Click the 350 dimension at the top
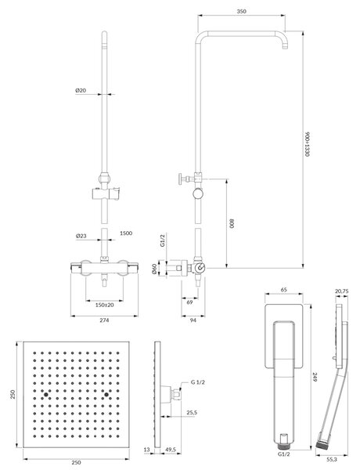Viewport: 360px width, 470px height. [241, 12]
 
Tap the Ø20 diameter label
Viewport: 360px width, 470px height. [81, 90]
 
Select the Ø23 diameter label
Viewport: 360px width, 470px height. [81, 236]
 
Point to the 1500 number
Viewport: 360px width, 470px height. [126, 233]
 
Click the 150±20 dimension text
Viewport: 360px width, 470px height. [105, 305]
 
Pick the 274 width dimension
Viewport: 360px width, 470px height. [104, 320]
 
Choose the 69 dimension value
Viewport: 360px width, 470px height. [189, 302]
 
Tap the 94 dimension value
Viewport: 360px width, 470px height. [193, 320]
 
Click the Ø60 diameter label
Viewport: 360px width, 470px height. [154, 269]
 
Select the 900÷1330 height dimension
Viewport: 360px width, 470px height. [306, 143]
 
